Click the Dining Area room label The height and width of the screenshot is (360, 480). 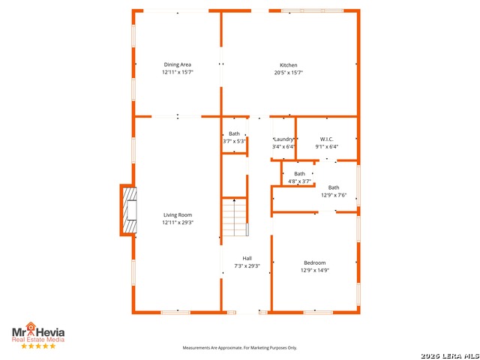point(178,64)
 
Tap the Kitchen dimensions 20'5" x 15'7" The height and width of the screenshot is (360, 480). point(289,73)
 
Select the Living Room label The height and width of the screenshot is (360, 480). point(178,215)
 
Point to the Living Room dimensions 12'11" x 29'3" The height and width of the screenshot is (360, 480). point(178,223)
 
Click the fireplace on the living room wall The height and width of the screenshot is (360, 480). point(128,210)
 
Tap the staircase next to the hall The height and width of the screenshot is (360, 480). point(235,217)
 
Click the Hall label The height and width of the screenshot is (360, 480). point(247,258)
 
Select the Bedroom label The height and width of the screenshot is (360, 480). point(315,262)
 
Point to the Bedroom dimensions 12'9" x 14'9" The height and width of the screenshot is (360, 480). point(315,270)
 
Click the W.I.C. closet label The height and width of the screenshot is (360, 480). point(327,139)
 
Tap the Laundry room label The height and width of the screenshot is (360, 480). point(284,139)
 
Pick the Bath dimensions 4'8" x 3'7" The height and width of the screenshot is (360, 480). point(299,181)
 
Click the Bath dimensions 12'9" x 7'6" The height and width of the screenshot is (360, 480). point(334,195)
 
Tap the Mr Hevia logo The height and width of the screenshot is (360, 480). point(38,331)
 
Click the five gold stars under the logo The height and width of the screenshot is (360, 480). point(38,346)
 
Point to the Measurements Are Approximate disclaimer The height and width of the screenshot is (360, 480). point(240,348)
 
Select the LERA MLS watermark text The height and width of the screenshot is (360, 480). point(450,356)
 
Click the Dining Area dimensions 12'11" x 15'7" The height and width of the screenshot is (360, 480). point(178,72)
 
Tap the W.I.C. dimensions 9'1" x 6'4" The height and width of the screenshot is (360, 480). point(327,147)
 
